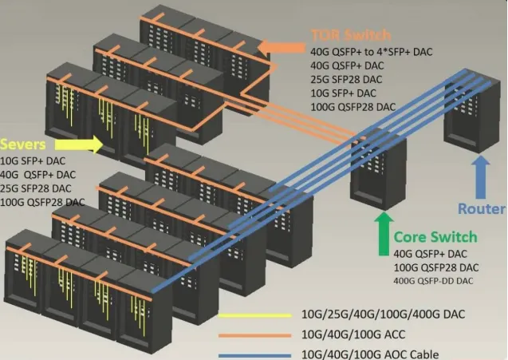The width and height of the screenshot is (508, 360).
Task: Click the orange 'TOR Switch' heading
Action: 351,35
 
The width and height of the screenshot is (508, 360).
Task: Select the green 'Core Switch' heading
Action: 436,236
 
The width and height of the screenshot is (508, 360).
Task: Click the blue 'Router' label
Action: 481,209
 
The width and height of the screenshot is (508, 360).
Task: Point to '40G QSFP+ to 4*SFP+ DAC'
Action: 372,51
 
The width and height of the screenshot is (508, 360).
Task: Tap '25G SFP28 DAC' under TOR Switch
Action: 347,79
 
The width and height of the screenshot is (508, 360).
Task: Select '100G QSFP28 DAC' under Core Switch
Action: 437,267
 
